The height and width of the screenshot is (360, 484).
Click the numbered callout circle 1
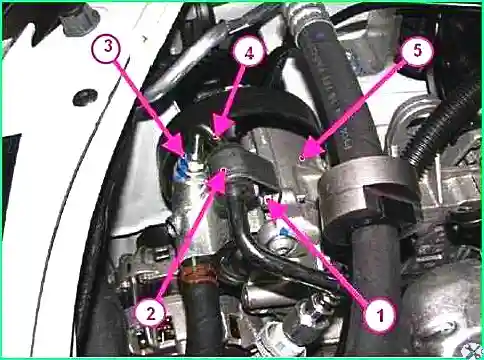coord(380,314)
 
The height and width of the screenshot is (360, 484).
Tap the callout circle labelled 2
coord(151,314)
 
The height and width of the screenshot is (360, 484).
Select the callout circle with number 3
coord(108,47)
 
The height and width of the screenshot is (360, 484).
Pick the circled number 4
coord(249,54)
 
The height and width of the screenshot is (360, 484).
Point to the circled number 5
coord(417,51)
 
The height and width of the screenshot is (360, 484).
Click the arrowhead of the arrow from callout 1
coord(277,206)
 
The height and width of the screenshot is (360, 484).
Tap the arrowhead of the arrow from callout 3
coord(176,147)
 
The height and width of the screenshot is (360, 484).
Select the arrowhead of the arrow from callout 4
coord(220,128)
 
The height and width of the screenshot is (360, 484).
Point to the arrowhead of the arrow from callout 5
coord(310,151)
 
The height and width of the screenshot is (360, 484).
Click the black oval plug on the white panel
coord(84,96)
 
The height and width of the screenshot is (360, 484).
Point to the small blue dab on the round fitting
coord(284,231)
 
